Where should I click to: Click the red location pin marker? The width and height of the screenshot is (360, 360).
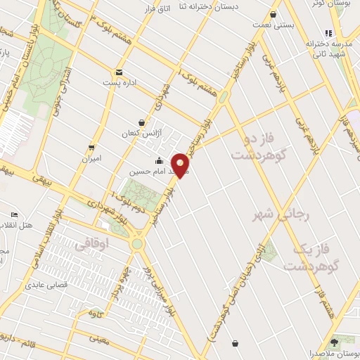(181, 165)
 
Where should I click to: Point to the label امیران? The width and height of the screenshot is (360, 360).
(92, 158)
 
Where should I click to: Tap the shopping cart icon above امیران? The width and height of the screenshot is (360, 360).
(92, 147)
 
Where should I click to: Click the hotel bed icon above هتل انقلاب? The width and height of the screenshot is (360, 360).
(15, 214)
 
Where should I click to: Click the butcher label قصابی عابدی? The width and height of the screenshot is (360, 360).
(46, 285)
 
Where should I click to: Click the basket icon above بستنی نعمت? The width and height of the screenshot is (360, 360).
(274, 14)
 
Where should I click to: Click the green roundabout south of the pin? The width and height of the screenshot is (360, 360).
(137, 243)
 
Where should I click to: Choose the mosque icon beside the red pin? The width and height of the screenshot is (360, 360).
(159, 160)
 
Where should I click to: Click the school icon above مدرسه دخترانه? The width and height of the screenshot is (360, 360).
(328, 32)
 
